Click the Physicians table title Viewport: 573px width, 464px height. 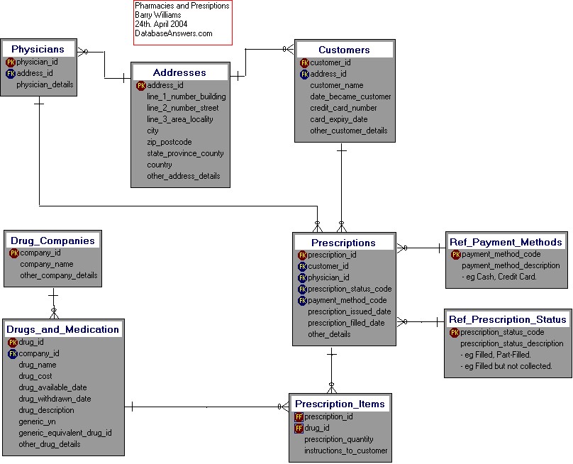tap(38, 49)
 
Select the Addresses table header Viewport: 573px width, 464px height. tap(179, 72)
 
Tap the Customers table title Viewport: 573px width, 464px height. tap(344, 50)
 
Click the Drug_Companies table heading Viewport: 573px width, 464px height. tap(52, 241)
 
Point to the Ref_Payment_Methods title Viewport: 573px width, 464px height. tap(506, 242)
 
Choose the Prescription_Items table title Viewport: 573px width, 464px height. tap(340, 404)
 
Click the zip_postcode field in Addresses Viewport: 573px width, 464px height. tap(169, 142)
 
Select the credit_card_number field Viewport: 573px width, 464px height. tap(343, 108)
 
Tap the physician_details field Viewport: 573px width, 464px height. tap(45, 84)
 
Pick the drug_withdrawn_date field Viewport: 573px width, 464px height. tap(55, 399)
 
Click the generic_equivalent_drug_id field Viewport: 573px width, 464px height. tap(65, 433)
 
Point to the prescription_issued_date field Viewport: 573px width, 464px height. tap(349, 311)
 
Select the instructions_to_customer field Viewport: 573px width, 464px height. tap(346, 451)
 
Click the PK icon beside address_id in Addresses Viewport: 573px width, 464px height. tap(141, 85)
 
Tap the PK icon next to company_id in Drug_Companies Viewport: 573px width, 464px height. tap(14, 253)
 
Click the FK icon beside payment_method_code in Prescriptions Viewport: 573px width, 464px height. tap(302, 300)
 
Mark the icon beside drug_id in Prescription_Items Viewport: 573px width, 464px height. tap(299, 428)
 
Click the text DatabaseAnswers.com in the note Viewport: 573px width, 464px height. tap(173, 33)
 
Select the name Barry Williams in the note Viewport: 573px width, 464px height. tap(157, 15)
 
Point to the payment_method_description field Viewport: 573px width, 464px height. tap(511, 265)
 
